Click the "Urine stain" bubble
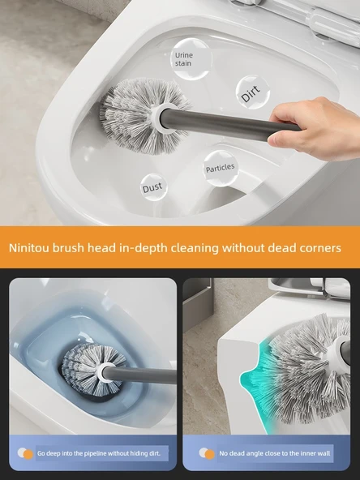(191, 59)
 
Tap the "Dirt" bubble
(252, 92)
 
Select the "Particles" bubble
(221, 168)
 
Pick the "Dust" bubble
(153, 187)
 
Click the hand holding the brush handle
(315, 129)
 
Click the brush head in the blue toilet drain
(88, 370)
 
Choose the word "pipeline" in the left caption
(91, 453)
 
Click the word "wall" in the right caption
(324, 453)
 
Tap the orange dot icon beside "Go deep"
(28, 455)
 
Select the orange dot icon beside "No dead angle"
(210, 455)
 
